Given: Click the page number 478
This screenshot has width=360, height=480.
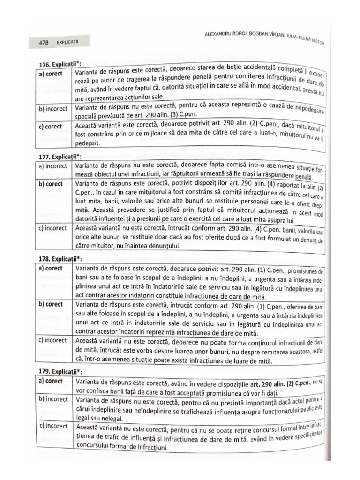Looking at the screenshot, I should click(x=45, y=42).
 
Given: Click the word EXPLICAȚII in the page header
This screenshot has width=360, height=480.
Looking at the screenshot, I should click(x=68, y=42).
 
